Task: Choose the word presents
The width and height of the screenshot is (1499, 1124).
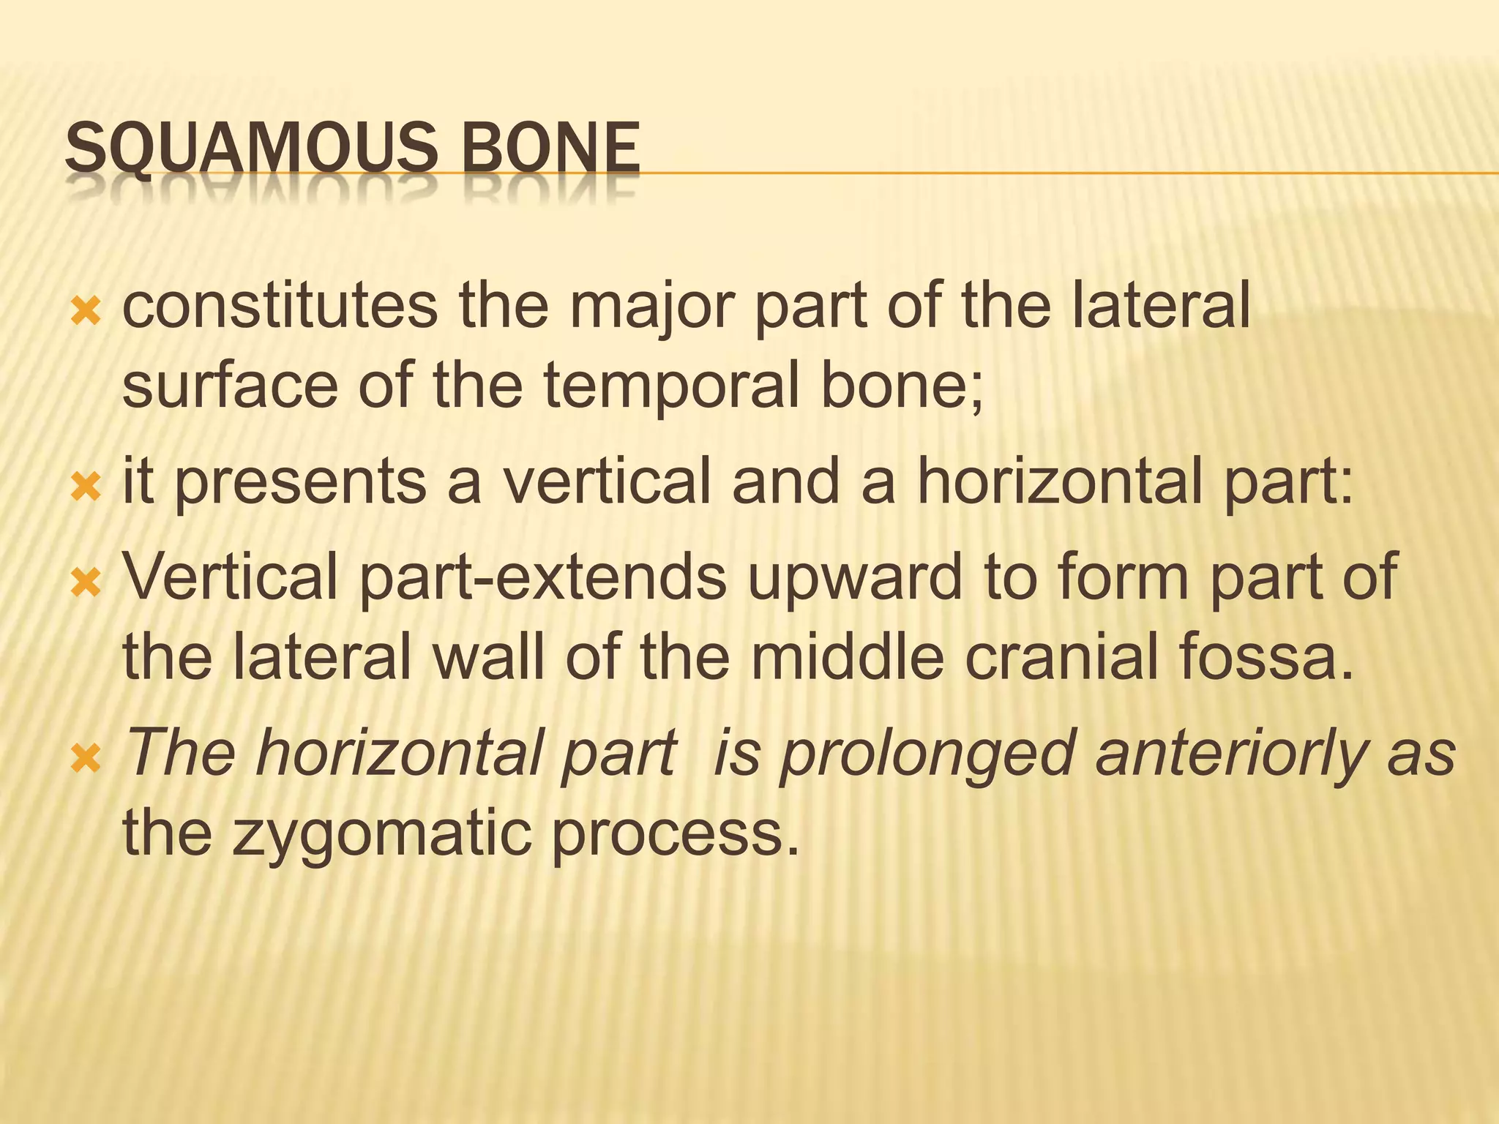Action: [300, 484]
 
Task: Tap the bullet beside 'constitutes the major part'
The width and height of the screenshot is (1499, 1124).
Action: [86, 313]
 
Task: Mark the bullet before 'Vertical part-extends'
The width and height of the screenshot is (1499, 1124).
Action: [86, 582]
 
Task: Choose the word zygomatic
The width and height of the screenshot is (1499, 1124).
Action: [381, 836]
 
